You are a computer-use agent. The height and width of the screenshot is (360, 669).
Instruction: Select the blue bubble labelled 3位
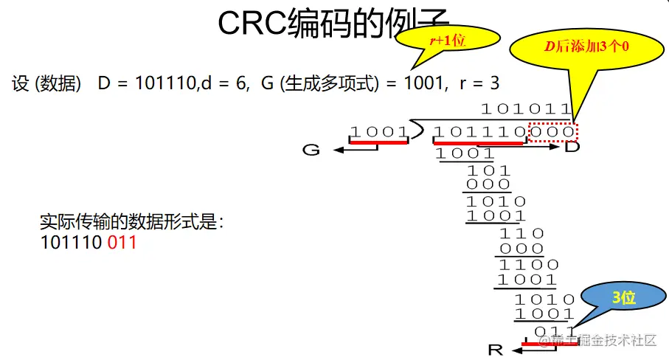623,297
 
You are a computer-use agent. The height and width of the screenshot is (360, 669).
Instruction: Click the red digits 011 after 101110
122,242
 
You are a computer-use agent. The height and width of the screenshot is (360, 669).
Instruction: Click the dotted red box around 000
553,132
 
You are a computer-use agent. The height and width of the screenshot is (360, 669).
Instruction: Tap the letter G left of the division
312,150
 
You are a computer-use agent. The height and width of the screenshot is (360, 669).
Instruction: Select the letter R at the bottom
496,348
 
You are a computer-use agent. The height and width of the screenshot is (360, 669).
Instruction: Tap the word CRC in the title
255,24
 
